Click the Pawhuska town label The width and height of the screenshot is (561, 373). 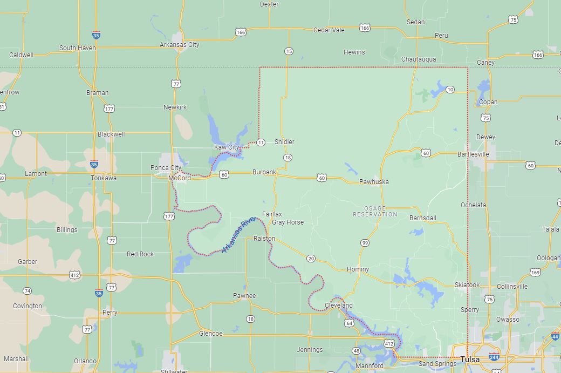(374, 182)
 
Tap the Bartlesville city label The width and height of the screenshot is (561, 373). (473, 154)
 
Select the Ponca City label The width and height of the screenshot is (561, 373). (166, 168)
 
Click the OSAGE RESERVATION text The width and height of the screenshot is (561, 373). (375, 211)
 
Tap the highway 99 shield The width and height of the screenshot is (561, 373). (365, 243)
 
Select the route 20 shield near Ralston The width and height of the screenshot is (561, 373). (311, 259)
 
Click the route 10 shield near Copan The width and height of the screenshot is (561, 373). (450, 89)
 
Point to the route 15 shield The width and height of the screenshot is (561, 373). (289, 51)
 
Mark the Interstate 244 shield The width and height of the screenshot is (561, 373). (494, 357)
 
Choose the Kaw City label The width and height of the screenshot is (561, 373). (227, 147)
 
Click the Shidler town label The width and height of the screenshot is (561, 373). (284, 142)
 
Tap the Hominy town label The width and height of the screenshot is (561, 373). (358, 269)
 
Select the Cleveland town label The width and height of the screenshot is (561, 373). (339, 306)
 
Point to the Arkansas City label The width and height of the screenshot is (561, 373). (180, 45)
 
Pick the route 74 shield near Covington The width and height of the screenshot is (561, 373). (27, 291)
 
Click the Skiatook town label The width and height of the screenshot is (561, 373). (467, 284)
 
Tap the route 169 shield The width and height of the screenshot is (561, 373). (535, 272)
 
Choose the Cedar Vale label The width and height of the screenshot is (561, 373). (329, 30)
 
